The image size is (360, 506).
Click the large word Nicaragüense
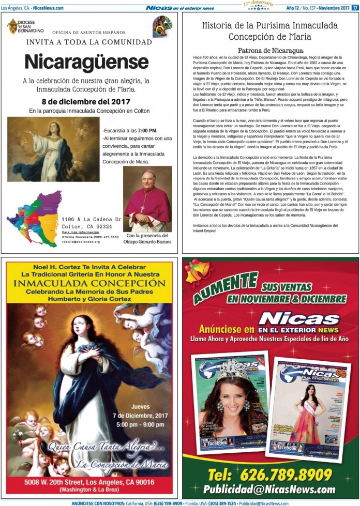click(x=86, y=62)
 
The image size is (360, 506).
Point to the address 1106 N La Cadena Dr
click(x=91, y=219)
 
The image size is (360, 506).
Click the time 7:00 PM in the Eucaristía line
click(x=147, y=131)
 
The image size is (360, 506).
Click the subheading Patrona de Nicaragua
click(x=269, y=51)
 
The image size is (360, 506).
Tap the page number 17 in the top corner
click(x=355, y=8)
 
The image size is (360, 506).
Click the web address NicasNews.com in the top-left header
click(x=48, y=8)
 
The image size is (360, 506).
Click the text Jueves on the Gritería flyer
click(x=140, y=406)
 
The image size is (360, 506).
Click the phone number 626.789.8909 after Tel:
click(x=284, y=474)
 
